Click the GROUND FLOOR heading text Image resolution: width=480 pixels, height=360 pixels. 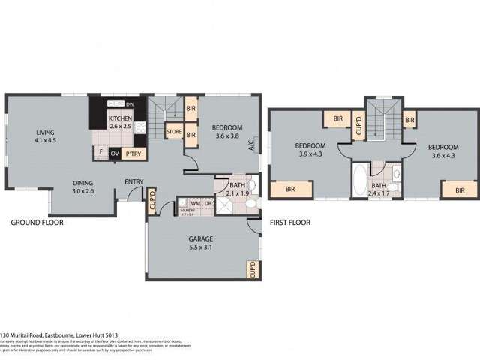click(37, 223)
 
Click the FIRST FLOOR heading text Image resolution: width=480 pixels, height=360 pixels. click(289, 223)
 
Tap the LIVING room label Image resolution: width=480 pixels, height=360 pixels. click(46, 133)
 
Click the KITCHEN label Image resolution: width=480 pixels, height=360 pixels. click(120, 119)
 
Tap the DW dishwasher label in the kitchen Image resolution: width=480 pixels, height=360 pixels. click(130, 103)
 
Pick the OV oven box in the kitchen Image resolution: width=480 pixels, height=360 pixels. click(115, 154)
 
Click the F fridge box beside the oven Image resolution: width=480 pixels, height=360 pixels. click(101, 153)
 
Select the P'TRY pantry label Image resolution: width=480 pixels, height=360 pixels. click(134, 154)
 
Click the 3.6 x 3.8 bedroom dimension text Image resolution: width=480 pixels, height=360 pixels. click(226, 136)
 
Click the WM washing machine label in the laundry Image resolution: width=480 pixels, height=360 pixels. click(193, 202)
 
